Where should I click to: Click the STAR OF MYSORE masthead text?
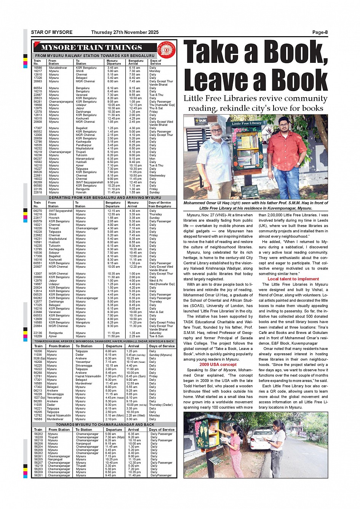51,32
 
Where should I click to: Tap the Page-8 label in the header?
320,32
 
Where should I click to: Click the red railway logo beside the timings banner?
166,49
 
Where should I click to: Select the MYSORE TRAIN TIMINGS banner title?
91,48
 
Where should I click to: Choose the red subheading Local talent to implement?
293,279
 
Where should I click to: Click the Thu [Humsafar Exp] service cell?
162,105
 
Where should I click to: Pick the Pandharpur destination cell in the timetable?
83,145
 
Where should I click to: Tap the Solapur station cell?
54,253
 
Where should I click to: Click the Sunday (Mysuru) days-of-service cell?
160,355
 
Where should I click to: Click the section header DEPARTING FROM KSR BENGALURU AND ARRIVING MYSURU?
105,198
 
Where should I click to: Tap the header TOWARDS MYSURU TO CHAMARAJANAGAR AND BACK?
105,424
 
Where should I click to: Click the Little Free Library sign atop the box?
246,123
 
